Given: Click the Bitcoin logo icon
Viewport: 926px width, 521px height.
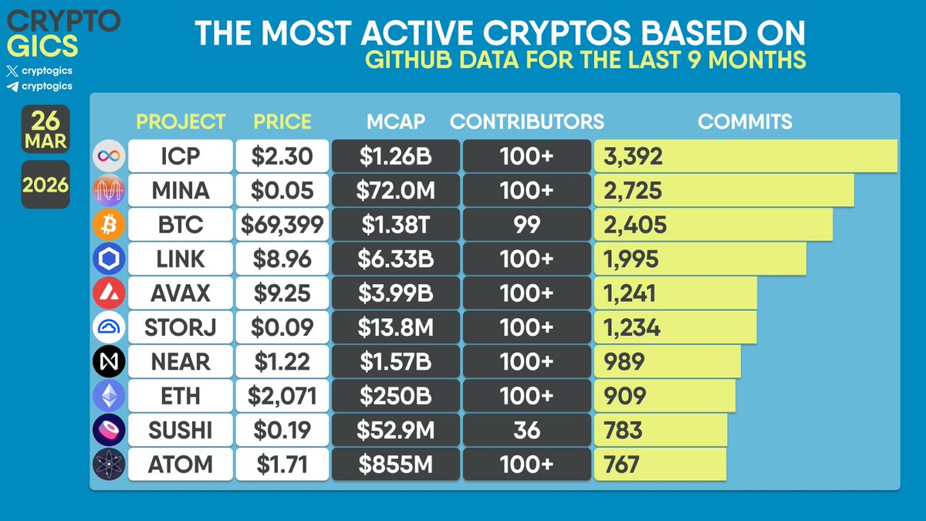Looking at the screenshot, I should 107,225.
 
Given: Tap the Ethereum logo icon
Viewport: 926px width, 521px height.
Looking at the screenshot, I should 107,396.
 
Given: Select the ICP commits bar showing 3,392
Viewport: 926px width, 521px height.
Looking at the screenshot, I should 745,157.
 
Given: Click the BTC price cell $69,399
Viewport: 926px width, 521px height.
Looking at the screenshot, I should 282,225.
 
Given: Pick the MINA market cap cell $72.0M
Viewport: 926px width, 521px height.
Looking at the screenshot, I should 395,191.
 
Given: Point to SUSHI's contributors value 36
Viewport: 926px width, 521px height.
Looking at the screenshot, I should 526,430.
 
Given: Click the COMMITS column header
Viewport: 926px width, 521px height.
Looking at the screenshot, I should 745,121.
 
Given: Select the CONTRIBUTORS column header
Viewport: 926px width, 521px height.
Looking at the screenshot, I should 526,121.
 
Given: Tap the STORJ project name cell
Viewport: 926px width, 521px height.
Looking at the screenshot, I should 180,327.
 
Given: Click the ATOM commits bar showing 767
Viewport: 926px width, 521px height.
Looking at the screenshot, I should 660,465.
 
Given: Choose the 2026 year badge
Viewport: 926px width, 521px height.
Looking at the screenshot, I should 46,185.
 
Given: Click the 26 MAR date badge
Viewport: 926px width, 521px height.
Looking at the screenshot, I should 46,130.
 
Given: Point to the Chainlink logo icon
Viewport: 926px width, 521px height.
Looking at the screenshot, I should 107,259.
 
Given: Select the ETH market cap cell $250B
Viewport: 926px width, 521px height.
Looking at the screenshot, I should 395,396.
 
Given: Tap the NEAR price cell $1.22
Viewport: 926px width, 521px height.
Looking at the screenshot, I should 282,362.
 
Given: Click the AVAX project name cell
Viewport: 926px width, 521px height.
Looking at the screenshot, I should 180,293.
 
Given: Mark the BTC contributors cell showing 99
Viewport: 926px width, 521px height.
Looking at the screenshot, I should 526,225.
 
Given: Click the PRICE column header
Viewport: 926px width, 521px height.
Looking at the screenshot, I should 282,121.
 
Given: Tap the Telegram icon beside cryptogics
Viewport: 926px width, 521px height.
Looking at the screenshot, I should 12,87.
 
